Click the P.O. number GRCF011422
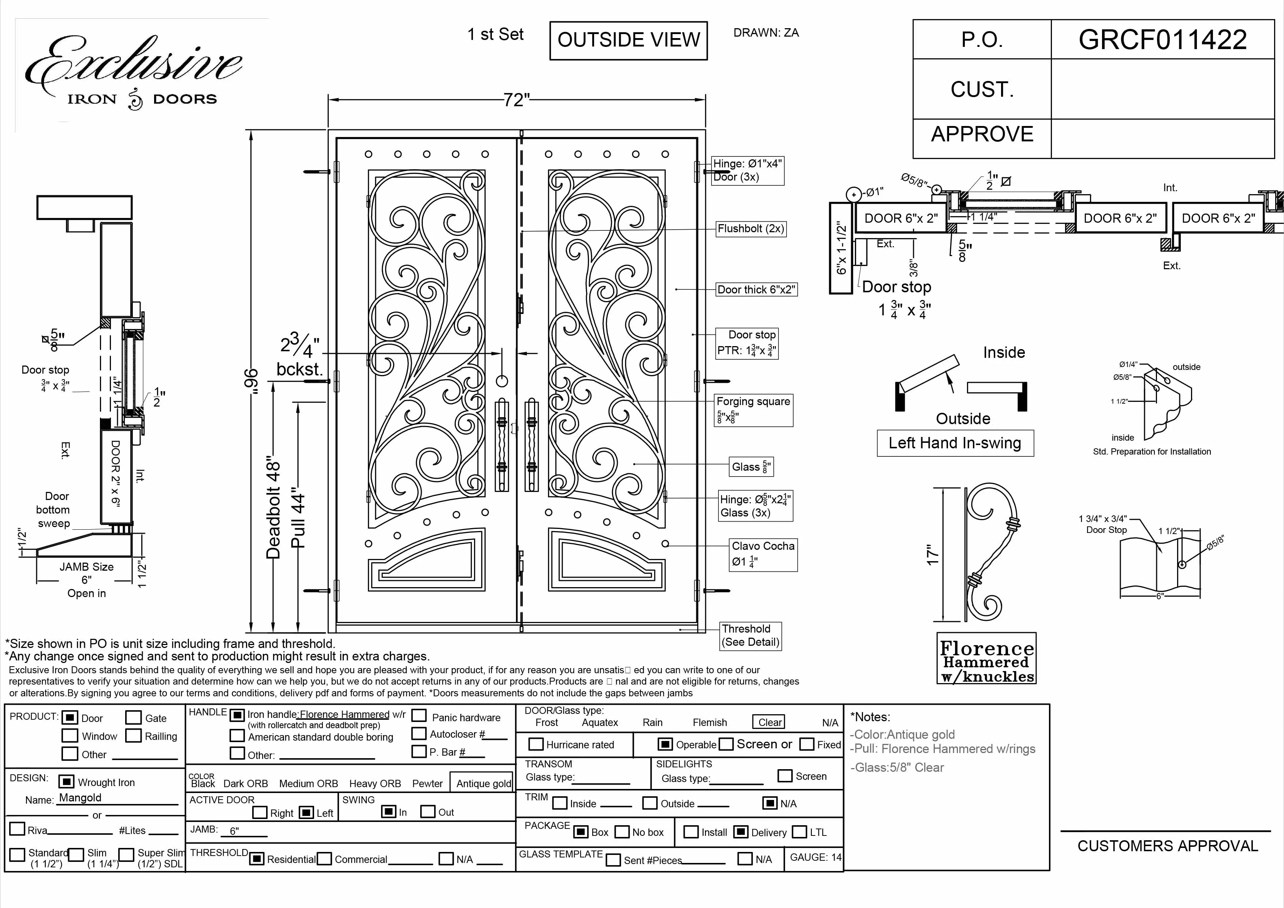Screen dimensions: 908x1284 point(1162,40)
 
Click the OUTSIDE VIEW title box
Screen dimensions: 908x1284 point(628,40)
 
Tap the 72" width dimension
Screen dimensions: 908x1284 point(516,100)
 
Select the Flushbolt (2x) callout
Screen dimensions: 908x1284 point(751,229)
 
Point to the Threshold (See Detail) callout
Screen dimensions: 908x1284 point(750,635)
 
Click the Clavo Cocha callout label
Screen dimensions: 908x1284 point(763,546)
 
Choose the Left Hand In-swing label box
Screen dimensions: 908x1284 point(955,443)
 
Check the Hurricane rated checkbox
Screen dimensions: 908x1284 point(536,744)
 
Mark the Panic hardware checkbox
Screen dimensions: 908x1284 point(419,716)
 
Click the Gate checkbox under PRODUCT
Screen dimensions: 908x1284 point(133,718)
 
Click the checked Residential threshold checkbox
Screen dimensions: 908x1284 point(257,859)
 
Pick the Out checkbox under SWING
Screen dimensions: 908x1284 point(428,811)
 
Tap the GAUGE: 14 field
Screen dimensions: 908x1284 point(815,857)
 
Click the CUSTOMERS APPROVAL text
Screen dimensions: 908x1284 point(1167,846)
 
